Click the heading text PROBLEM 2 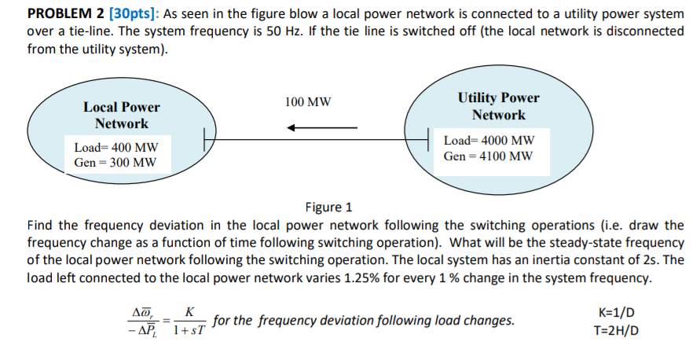point(66,13)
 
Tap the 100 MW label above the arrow point(308,102)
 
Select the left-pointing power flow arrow point(321,128)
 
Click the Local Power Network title point(121,116)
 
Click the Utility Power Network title point(498,106)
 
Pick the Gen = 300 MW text point(115,163)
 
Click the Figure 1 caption point(328,208)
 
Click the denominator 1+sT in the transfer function point(189,330)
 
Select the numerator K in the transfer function point(189,312)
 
